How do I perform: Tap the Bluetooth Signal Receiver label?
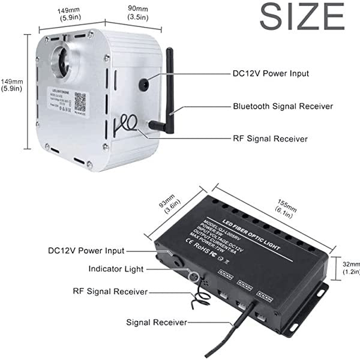point(283,106)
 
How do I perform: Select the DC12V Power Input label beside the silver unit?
point(271,74)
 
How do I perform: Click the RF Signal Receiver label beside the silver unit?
point(270,139)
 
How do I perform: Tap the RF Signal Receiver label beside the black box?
point(110,291)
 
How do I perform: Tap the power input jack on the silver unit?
point(145,82)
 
